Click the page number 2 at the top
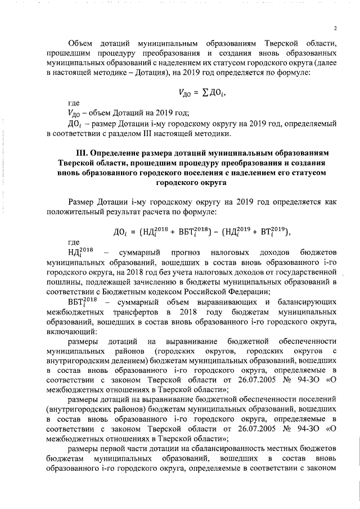(335, 29)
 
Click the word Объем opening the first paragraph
(80, 43)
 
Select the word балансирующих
(308, 302)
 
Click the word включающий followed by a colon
(72, 331)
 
